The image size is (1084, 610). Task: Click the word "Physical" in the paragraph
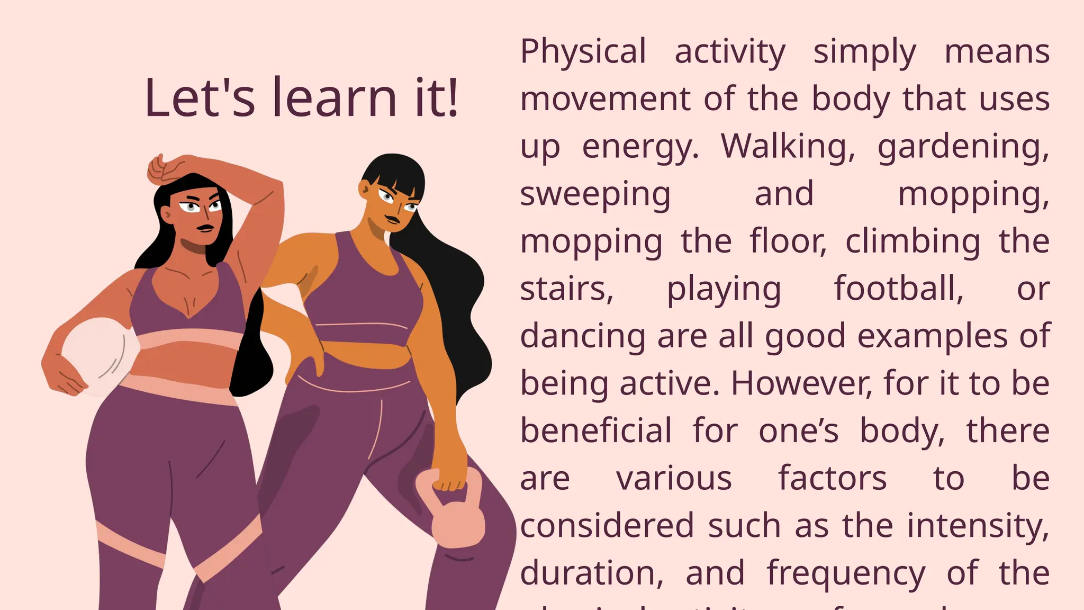tap(583, 52)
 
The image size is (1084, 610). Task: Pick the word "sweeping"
tap(595, 195)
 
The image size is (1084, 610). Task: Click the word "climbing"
tap(913, 242)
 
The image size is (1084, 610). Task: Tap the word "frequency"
tap(846, 574)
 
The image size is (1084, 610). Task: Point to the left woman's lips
tap(205, 228)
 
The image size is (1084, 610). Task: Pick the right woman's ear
tap(365, 188)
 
